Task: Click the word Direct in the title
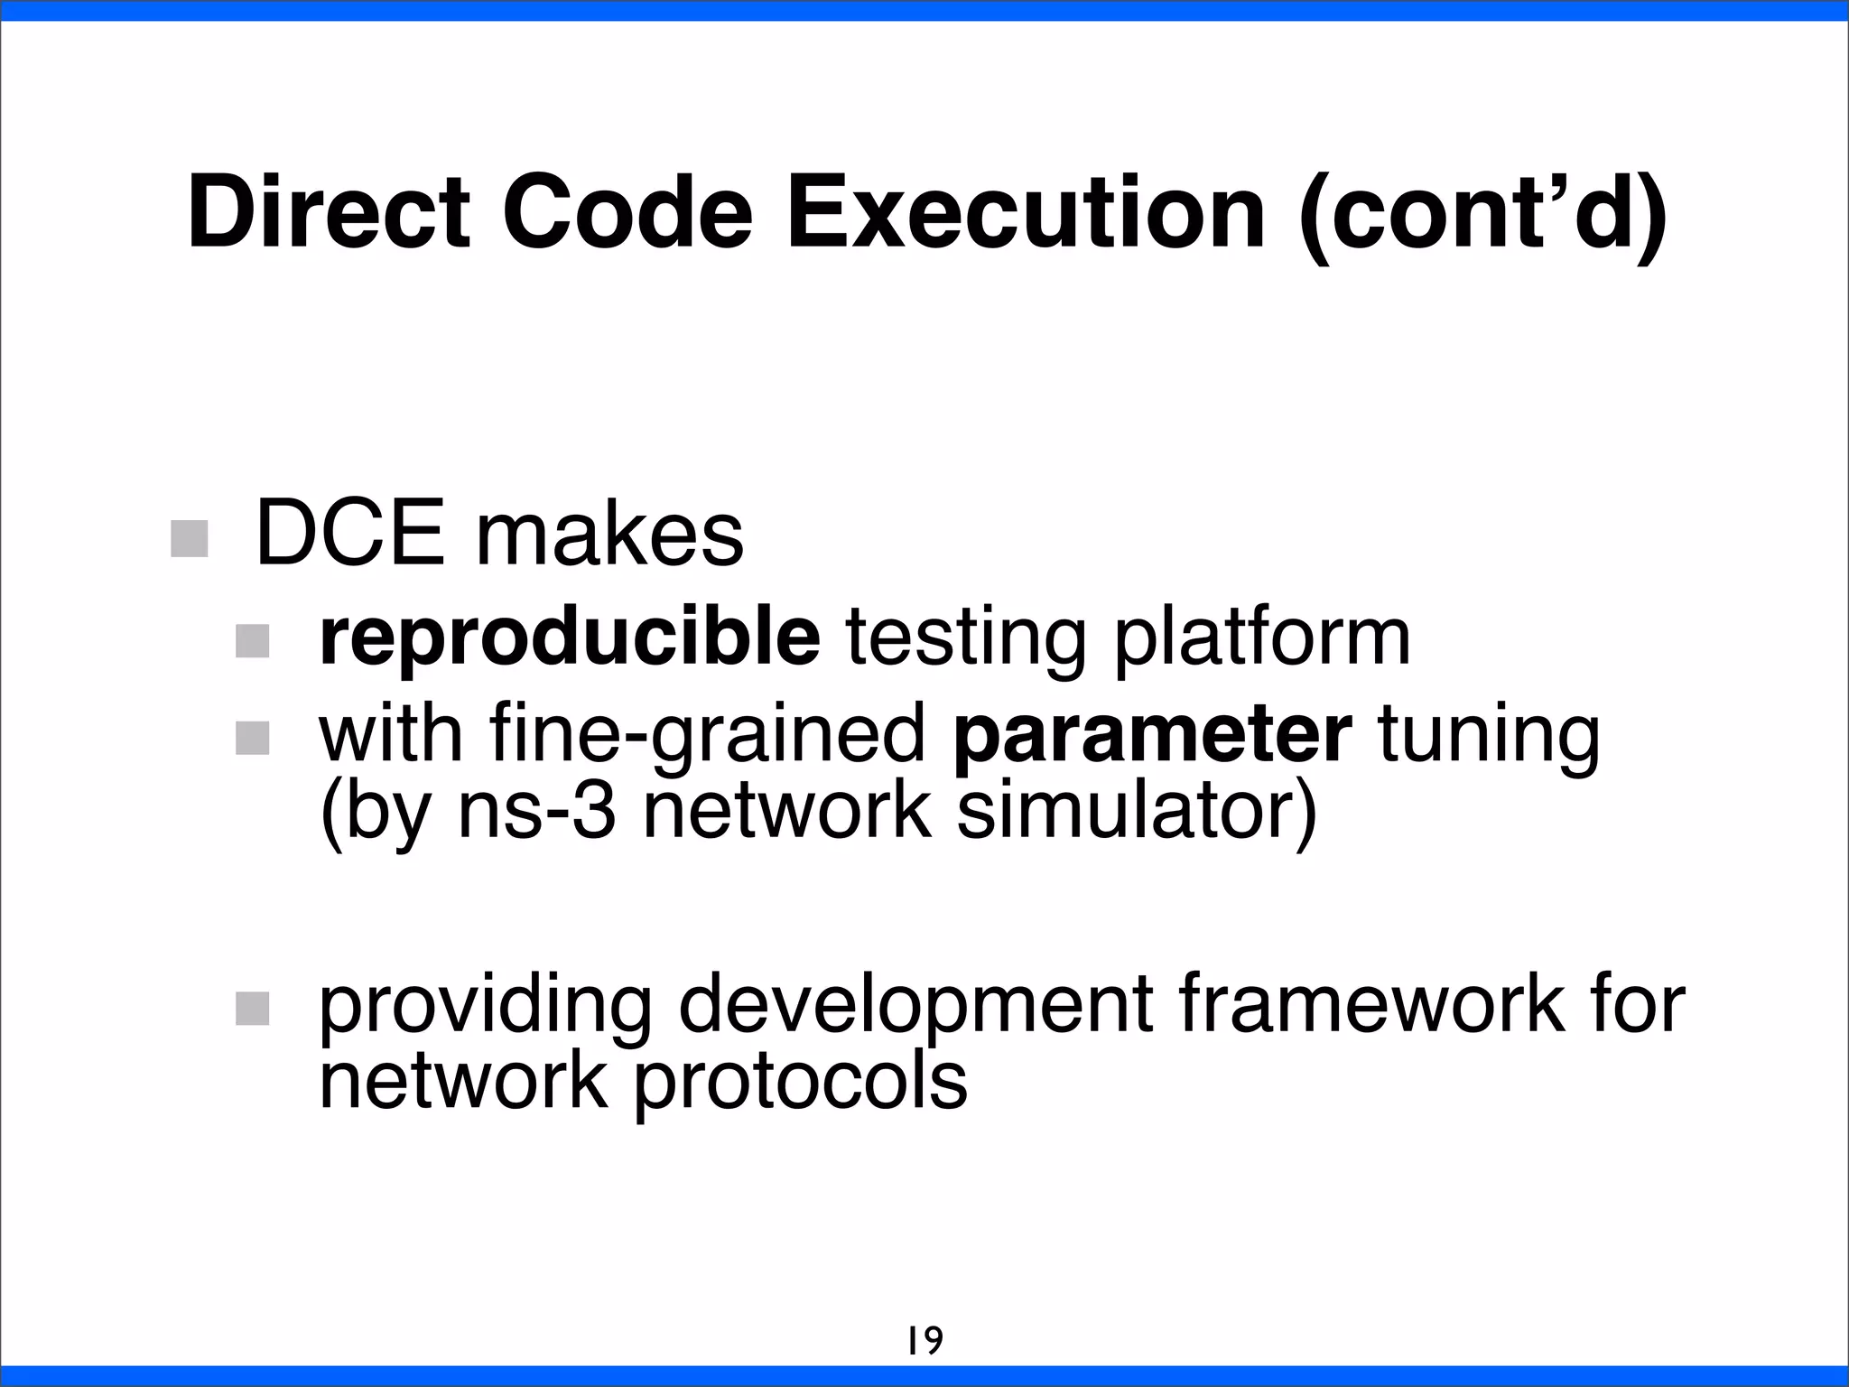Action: tap(329, 213)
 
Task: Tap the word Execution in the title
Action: tap(1025, 213)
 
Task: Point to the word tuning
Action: tap(1489, 736)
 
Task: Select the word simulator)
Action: tap(1136, 810)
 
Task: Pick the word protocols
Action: tap(800, 1082)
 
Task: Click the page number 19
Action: tap(924, 1340)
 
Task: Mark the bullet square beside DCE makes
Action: tap(190, 538)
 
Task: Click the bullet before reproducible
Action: tap(252, 640)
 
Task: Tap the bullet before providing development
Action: tap(252, 1008)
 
